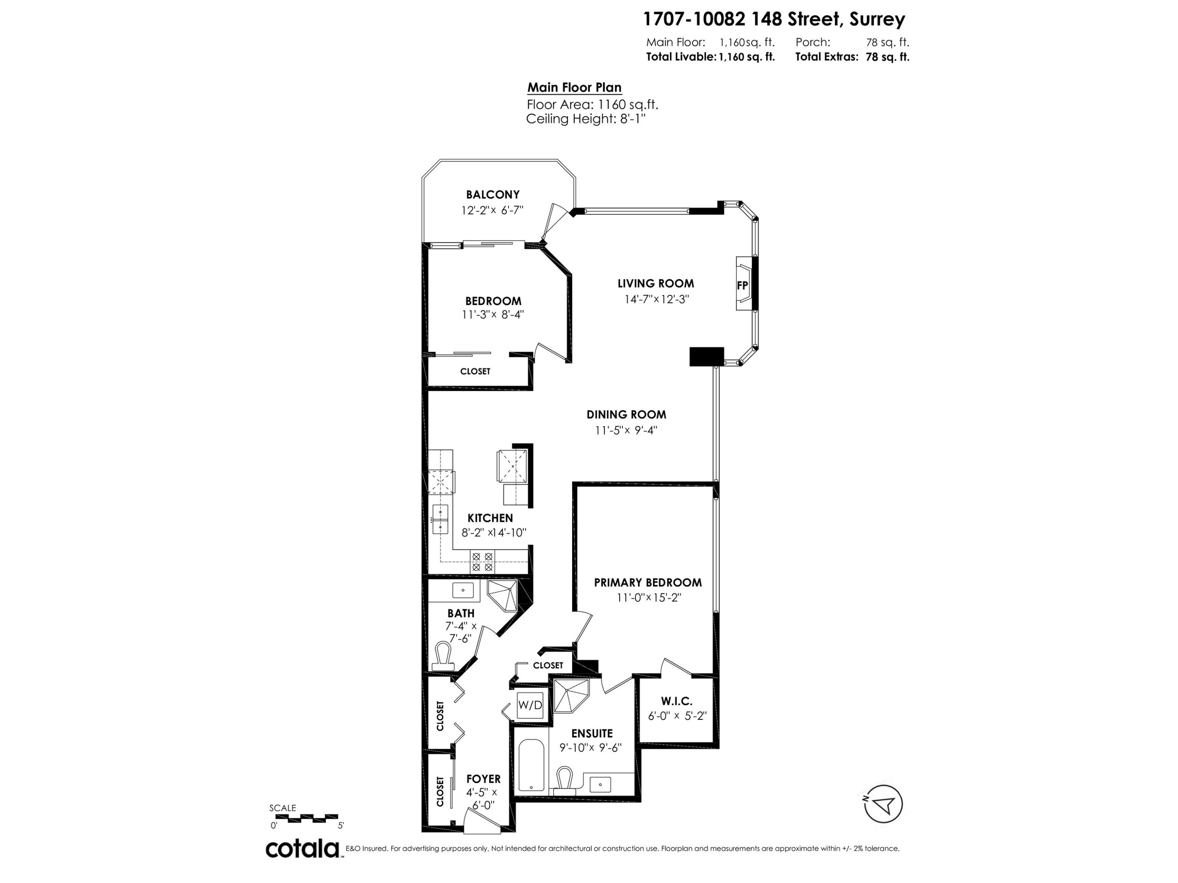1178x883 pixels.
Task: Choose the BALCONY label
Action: pyautogui.click(x=493, y=195)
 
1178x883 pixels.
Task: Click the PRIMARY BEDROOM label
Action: pyautogui.click(x=648, y=582)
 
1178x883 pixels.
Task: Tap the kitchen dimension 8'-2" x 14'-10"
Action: pyautogui.click(x=494, y=532)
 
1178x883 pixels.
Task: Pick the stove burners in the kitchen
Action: pyautogui.click(x=483, y=562)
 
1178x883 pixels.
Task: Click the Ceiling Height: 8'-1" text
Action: pyautogui.click(x=586, y=119)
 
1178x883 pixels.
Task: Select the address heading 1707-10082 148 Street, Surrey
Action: pyautogui.click(x=774, y=19)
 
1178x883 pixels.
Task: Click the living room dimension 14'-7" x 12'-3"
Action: pyautogui.click(x=657, y=299)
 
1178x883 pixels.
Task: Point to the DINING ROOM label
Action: pyautogui.click(x=626, y=415)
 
